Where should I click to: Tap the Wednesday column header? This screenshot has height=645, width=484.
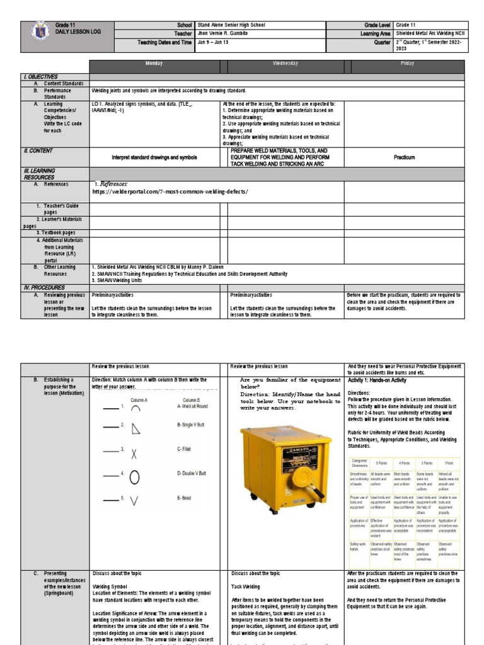point(285,64)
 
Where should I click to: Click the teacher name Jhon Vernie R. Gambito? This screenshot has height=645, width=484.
point(222,34)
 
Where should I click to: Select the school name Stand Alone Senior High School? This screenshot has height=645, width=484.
point(231,25)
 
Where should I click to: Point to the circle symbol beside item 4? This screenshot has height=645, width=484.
point(135,477)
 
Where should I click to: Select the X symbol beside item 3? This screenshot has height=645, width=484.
point(135,454)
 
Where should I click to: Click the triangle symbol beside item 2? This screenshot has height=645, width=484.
point(135,430)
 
